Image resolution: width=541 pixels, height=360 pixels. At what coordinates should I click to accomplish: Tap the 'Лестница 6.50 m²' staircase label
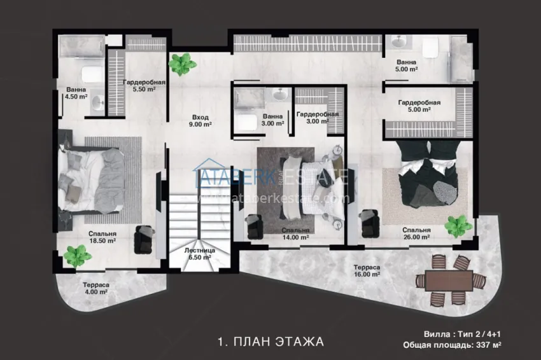[x=199, y=254]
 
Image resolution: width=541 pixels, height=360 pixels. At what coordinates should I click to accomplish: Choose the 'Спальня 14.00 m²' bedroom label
[x=296, y=233]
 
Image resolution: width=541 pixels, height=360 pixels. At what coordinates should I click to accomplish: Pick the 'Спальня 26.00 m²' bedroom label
[x=417, y=233]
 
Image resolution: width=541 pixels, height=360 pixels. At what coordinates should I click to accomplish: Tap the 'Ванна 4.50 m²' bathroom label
[x=76, y=93]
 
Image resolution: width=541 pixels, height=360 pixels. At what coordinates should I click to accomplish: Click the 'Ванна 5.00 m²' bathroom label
[x=406, y=66]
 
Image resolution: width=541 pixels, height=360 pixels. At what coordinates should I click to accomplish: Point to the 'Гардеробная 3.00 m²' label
[x=318, y=118]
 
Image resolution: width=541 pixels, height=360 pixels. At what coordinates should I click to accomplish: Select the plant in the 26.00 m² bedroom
[x=458, y=225]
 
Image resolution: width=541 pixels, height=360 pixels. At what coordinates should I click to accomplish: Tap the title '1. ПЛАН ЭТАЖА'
[x=270, y=342]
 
